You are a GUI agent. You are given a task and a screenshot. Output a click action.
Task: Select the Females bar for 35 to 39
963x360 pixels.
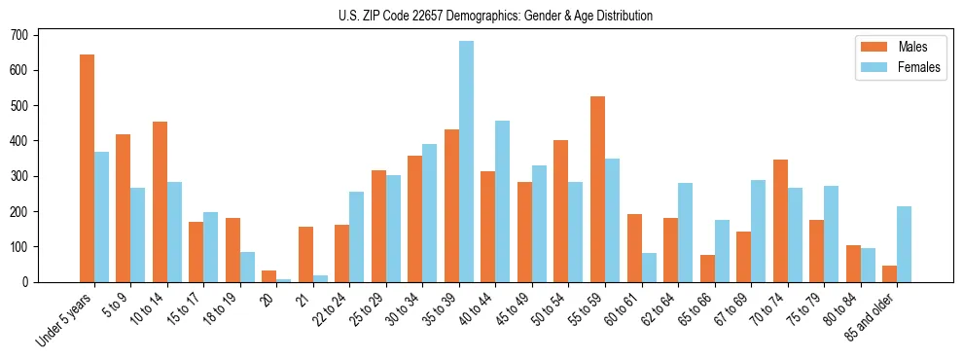[x=466, y=162]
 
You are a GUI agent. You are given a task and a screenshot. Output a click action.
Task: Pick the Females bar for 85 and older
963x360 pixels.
[x=904, y=244]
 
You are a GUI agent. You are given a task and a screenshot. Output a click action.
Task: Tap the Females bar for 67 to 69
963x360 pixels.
[x=758, y=231]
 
